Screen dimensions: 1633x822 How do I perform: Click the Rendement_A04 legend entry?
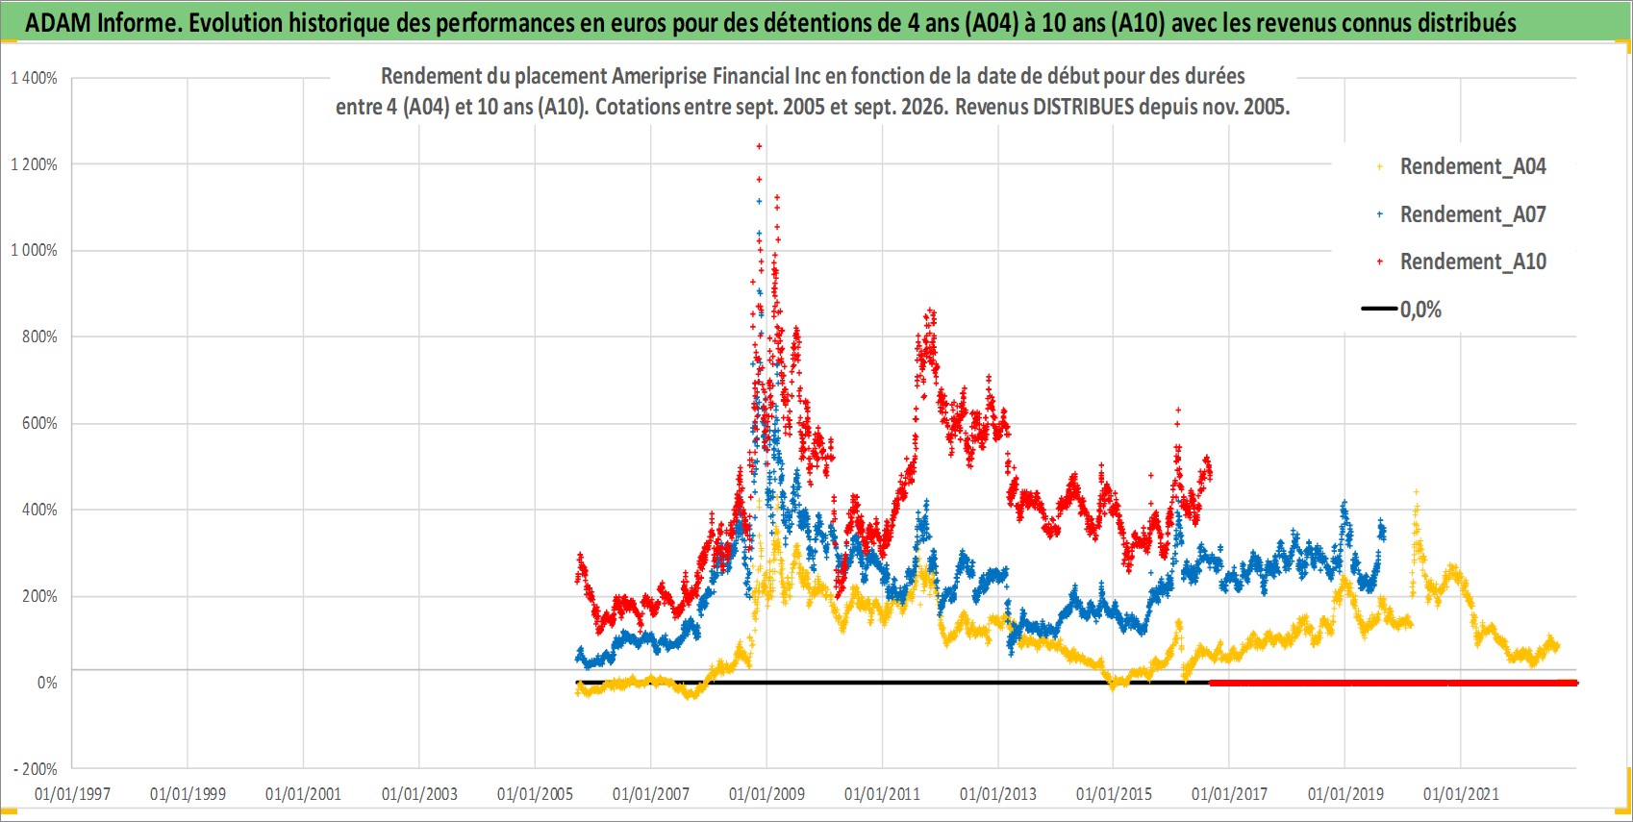coord(1461,167)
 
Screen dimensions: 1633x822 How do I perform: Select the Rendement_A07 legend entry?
coord(1461,214)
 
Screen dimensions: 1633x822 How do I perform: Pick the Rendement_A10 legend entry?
coord(1461,262)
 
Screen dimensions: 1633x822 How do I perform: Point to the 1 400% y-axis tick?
coord(34,78)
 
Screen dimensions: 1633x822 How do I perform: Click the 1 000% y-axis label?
coord(34,251)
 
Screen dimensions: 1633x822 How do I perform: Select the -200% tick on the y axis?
coord(36,769)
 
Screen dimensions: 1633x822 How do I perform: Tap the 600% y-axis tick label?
coord(39,423)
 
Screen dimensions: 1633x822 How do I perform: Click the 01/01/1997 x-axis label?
coord(72,793)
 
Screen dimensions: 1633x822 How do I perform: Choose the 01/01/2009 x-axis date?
coord(766,793)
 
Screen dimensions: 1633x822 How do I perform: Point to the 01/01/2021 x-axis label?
coord(1461,793)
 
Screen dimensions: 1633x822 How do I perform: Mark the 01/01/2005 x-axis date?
coord(535,793)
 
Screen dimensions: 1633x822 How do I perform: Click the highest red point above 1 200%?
coord(759,146)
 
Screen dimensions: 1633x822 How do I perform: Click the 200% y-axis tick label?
coord(39,596)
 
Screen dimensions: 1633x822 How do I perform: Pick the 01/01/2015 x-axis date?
coord(1114,793)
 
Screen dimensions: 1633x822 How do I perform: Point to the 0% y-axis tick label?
coord(47,683)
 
